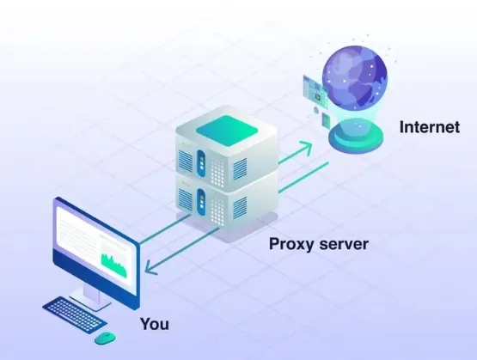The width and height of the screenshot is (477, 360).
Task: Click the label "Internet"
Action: pos(429,127)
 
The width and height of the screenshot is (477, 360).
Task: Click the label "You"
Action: pos(155,324)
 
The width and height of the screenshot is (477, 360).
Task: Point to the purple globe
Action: pos(355,77)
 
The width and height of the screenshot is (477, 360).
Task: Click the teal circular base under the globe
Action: pos(356,138)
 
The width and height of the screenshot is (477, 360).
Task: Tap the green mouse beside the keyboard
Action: pos(105,338)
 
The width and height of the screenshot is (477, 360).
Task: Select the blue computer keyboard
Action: pos(75,314)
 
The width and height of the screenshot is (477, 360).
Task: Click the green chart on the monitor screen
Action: pos(113,265)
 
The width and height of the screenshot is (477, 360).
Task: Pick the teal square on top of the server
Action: pos(227,130)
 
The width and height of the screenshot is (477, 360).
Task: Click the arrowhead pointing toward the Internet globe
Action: pos(305,148)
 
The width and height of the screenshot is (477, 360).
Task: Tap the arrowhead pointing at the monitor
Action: pos(150,267)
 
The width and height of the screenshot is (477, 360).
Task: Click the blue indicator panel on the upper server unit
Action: pos(201,162)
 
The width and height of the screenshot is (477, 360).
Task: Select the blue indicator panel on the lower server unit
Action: pos(201,202)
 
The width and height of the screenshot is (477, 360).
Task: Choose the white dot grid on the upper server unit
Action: pos(217,173)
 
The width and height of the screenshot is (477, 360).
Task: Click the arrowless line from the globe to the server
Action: pos(303,178)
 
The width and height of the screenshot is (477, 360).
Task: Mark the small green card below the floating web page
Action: pos(326,119)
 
